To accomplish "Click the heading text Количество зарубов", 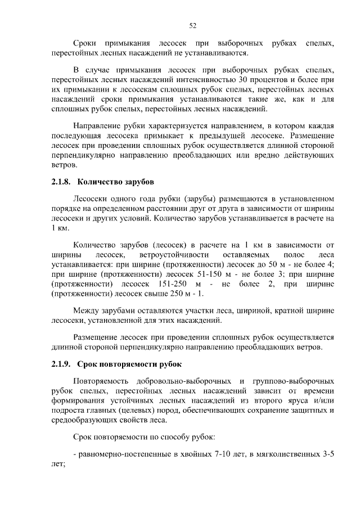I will pyautogui.click(x=115, y=182).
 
